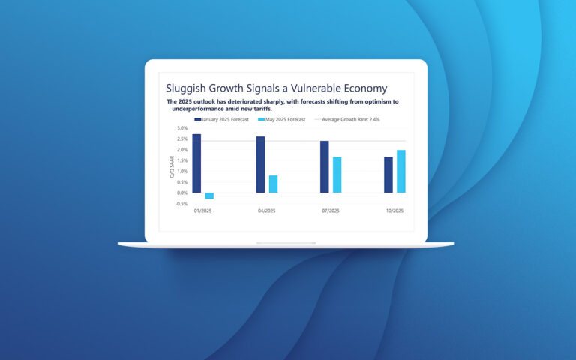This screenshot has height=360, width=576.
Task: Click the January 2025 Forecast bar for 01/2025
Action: pos(196,163)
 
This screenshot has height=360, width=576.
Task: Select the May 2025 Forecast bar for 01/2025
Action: pos(209,196)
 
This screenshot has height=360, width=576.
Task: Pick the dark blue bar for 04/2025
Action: pos(260,164)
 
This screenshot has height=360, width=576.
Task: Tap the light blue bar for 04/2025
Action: pos(273,184)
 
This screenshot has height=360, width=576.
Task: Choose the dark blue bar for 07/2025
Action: pos(324,166)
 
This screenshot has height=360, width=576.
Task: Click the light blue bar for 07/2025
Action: pos(337,175)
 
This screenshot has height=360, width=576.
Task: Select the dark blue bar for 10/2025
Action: pos(388,175)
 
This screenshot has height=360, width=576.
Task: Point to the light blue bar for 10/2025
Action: pos(400,171)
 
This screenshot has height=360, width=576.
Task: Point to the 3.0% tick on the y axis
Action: pos(182,128)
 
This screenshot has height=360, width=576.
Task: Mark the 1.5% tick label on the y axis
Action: pos(182,160)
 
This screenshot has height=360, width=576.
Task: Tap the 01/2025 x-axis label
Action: pos(202,212)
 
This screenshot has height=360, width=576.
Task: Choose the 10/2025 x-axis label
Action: pos(394,212)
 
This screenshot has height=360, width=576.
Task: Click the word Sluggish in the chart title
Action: pos(187,88)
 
